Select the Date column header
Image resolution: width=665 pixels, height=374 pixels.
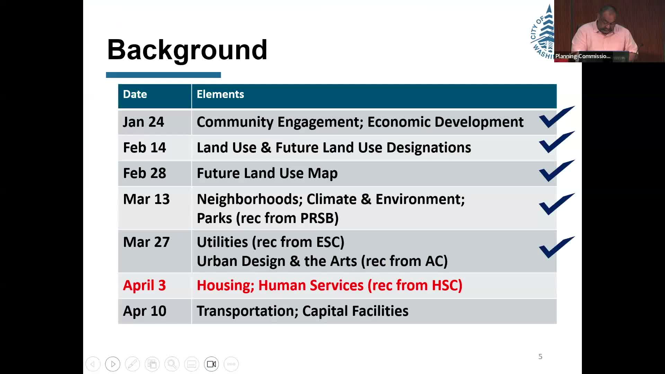click(135, 94)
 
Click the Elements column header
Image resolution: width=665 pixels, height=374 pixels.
click(220, 94)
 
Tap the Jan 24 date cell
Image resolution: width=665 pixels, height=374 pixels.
click(143, 122)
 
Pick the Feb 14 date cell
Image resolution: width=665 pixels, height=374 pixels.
click(144, 148)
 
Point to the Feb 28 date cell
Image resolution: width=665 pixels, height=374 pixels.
click(144, 173)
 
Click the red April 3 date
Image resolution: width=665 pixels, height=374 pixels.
click(144, 285)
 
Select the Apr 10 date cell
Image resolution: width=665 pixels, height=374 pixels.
click(144, 311)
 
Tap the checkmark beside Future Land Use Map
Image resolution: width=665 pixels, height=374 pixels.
click(557, 171)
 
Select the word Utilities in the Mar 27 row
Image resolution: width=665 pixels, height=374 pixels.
click(222, 242)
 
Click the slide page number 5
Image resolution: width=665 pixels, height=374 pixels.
click(540, 357)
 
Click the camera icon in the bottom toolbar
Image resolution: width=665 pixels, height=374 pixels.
click(211, 364)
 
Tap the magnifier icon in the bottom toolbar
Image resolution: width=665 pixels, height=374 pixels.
click(172, 364)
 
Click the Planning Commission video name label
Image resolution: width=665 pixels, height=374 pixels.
click(583, 56)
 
